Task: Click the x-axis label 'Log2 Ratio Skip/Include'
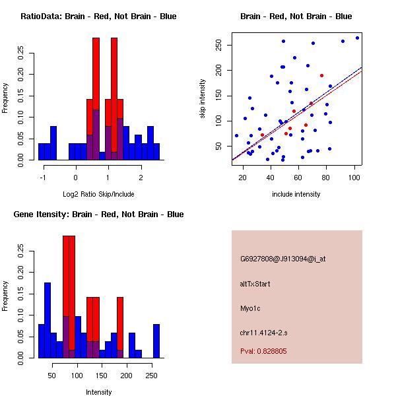tap(98, 194)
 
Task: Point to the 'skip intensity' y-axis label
tap(203, 99)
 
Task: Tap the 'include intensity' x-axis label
tap(296, 194)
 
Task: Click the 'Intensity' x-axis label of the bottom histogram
tap(98, 392)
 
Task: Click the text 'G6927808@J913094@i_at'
tap(282, 259)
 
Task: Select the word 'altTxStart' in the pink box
tap(255, 284)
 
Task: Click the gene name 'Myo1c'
tap(251, 308)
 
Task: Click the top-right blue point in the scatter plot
tap(357, 38)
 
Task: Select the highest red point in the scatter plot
tap(321, 75)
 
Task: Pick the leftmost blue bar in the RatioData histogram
tap(42, 151)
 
